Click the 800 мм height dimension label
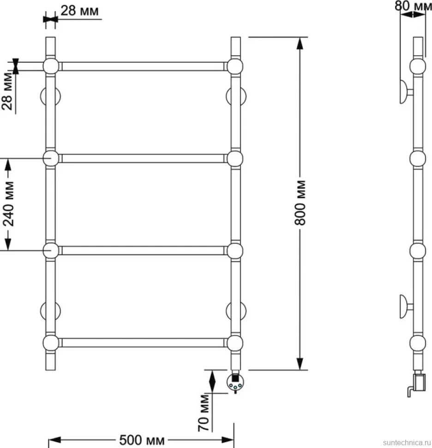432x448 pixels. (300, 203)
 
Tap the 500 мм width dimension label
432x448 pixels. (142, 440)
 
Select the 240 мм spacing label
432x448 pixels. (9, 203)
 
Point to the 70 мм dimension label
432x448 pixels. (204, 412)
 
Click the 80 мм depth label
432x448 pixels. (413, 6)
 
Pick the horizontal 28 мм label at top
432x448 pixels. (80, 11)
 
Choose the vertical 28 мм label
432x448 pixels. (7, 91)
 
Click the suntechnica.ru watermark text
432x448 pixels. (407, 442)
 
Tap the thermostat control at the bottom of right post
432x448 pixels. (235, 382)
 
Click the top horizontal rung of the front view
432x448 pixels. (143, 67)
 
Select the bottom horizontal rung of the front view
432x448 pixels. (143, 343)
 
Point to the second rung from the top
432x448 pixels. (143, 158)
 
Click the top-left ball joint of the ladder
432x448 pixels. (51, 66)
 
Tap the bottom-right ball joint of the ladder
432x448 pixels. (235, 343)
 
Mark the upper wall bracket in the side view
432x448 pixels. (406, 92)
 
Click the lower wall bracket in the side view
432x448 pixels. (406, 307)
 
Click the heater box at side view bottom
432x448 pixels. (419, 382)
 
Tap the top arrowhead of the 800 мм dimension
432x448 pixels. (300, 43)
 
